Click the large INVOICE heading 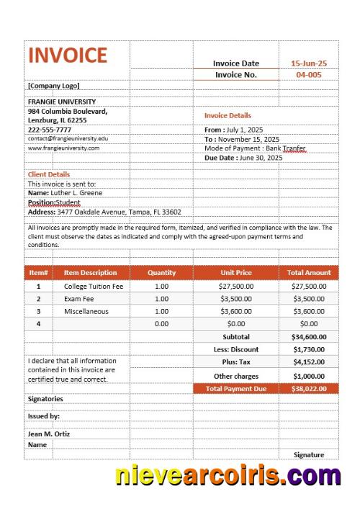click(67, 56)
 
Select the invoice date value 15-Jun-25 click(309, 63)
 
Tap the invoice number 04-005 click(309, 75)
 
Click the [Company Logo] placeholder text click(49, 86)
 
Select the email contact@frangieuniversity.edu click(68, 138)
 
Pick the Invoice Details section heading click(228, 115)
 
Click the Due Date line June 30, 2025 click(243, 158)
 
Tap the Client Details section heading click(49, 174)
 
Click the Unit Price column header click(235, 273)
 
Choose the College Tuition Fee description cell click(94, 286)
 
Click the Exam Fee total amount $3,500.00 click(309, 298)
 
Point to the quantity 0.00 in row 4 click(161, 324)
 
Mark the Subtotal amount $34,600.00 click(309, 336)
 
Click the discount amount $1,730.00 click(309, 349)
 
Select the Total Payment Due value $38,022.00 click(309, 388)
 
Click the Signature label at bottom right click(309, 454)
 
